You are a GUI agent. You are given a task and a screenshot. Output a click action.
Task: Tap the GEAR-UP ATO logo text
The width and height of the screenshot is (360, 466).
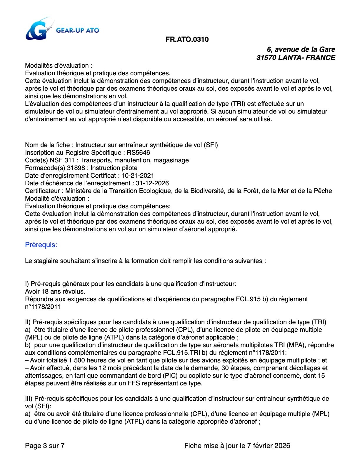[x=77, y=30]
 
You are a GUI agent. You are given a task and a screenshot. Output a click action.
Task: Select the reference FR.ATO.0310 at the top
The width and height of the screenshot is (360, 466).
[x=187, y=39]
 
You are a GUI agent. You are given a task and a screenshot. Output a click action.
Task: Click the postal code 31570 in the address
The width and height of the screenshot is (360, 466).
[x=266, y=57]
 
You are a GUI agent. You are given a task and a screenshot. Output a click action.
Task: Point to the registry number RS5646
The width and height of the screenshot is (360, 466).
[x=139, y=153]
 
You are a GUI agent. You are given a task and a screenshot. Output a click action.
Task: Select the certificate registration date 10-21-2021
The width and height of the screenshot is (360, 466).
[x=138, y=176]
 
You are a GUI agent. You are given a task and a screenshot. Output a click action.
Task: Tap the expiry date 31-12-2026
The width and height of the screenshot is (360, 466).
[x=152, y=183]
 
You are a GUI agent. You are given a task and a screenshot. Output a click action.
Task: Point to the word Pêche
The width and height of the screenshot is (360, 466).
[x=323, y=191]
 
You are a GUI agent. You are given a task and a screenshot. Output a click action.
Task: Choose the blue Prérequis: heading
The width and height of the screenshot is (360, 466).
[x=41, y=245]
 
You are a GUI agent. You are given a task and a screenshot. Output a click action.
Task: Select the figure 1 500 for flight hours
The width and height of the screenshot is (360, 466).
[x=76, y=360]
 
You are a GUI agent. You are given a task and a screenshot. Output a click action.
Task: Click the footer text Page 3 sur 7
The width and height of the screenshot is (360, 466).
[x=45, y=446]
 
